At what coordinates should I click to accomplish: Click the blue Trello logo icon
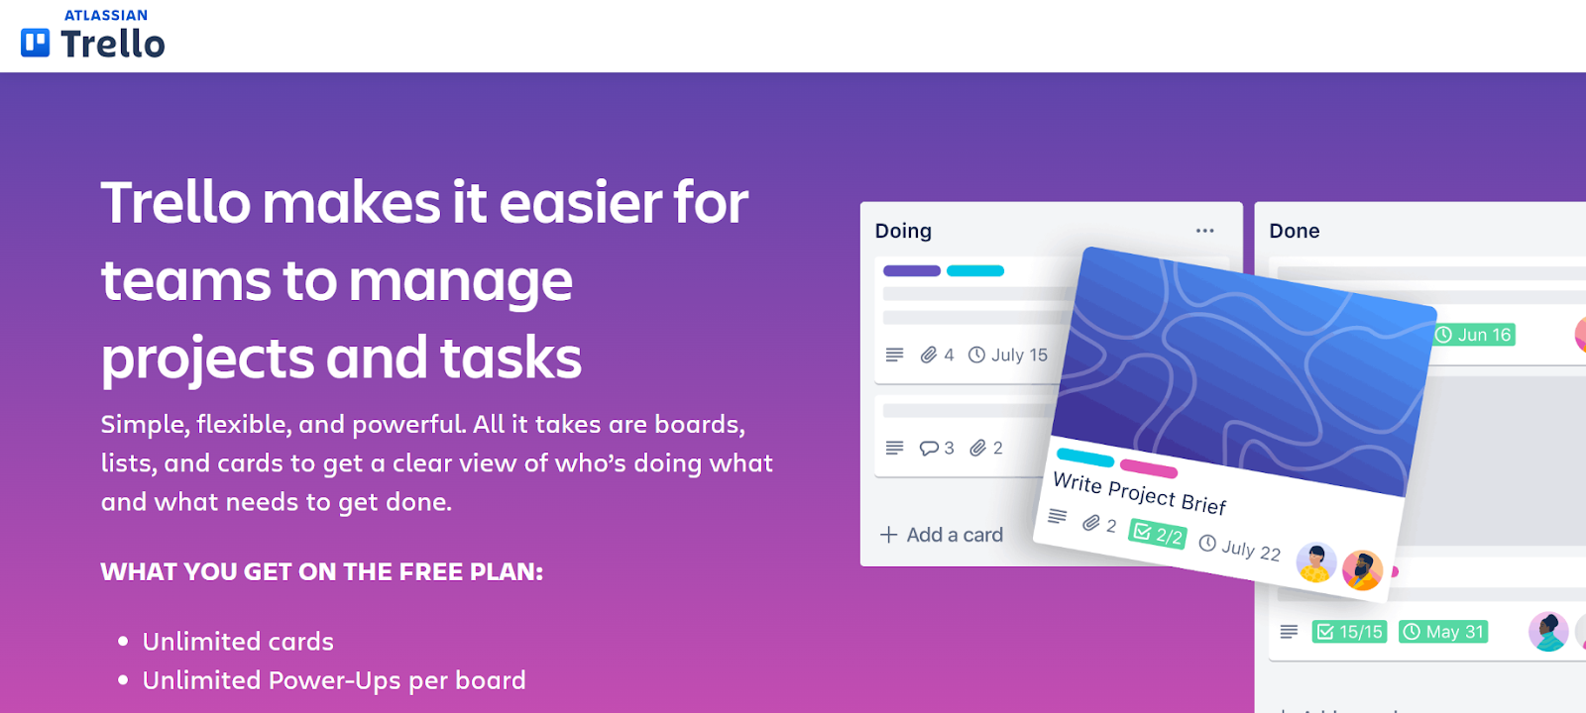(x=36, y=43)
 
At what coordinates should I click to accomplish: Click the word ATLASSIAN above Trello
(x=106, y=15)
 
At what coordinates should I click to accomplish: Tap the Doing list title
(x=903, y=231)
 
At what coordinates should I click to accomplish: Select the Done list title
(x=1294, y=231)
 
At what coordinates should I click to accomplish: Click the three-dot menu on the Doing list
(x=1204, y=231)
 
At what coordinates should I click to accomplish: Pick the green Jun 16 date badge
(x=1474, y=335)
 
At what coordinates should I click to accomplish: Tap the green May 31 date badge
(x=1443, y=632)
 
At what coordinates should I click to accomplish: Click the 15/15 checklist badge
(x=1348, y=632)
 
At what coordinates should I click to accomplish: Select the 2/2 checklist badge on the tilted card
(x=1158, y=535)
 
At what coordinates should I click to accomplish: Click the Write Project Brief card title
(x=1139, y=492)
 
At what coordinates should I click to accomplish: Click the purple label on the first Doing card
(x=911, y=270)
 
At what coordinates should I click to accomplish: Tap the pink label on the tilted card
(x=1148, y=468)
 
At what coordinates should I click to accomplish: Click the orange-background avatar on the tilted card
(x=1362, y=570)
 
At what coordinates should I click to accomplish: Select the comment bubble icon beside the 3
(x=929, y=448)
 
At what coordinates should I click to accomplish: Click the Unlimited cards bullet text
(x=238, y=642)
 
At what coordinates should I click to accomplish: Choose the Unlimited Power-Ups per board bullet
(x=334, y=680)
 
